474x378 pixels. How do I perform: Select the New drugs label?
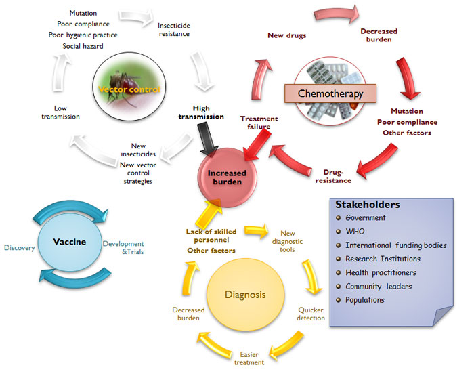tap(288, 35)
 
